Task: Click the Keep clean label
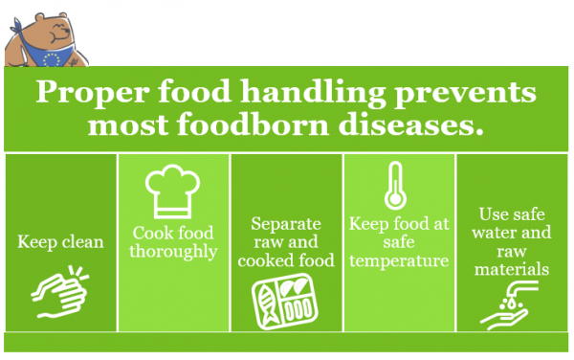coord(60,242)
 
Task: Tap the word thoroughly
coord(173,253)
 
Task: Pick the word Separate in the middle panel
coord(285,223)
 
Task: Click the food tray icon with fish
coord(285,301)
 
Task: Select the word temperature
coord(399,260)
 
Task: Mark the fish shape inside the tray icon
coord(268,303)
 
